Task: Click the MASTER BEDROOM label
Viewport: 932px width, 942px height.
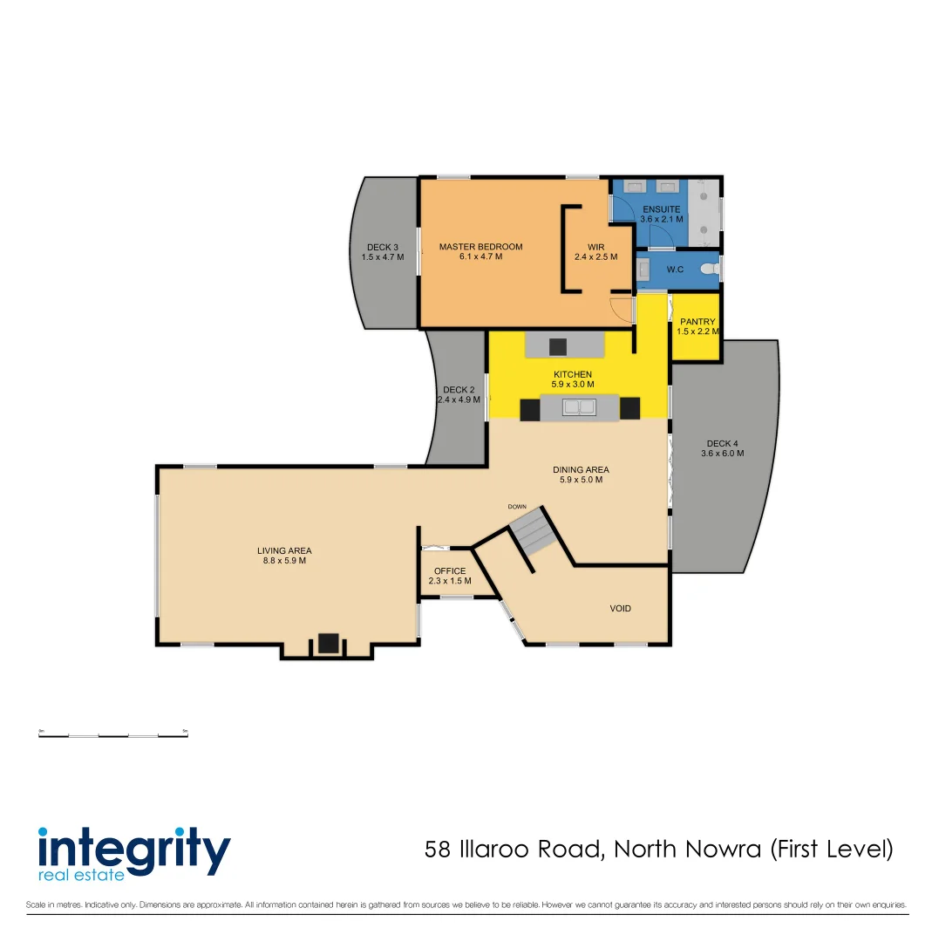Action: [480, 247]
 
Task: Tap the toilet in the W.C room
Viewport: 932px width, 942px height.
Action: [709, 270]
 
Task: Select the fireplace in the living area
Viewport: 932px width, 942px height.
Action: [328, 644]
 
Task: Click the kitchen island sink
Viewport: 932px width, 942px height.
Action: [579, 406]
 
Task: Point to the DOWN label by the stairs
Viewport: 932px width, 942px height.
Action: [518, 506]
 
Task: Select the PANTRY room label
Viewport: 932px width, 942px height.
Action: [697, 322]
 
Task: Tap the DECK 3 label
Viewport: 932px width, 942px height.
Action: [383, 248]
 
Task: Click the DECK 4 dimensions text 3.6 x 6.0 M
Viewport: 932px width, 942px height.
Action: [723, 454]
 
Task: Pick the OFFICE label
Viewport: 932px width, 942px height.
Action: [450, 571]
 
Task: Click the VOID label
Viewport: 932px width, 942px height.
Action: [621, 608]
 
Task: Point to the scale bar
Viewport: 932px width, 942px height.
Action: [113, 735]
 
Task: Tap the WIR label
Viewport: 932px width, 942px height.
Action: [595, 247]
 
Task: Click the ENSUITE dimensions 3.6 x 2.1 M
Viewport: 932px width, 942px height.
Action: [661, 220]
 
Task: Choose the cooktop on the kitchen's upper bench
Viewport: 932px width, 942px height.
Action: [558, 346]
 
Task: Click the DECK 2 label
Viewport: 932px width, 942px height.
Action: [459, 390]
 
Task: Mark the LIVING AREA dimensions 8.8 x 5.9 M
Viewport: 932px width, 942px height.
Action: [284, 561]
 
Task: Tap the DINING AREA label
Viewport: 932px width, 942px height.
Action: [581, 469]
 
